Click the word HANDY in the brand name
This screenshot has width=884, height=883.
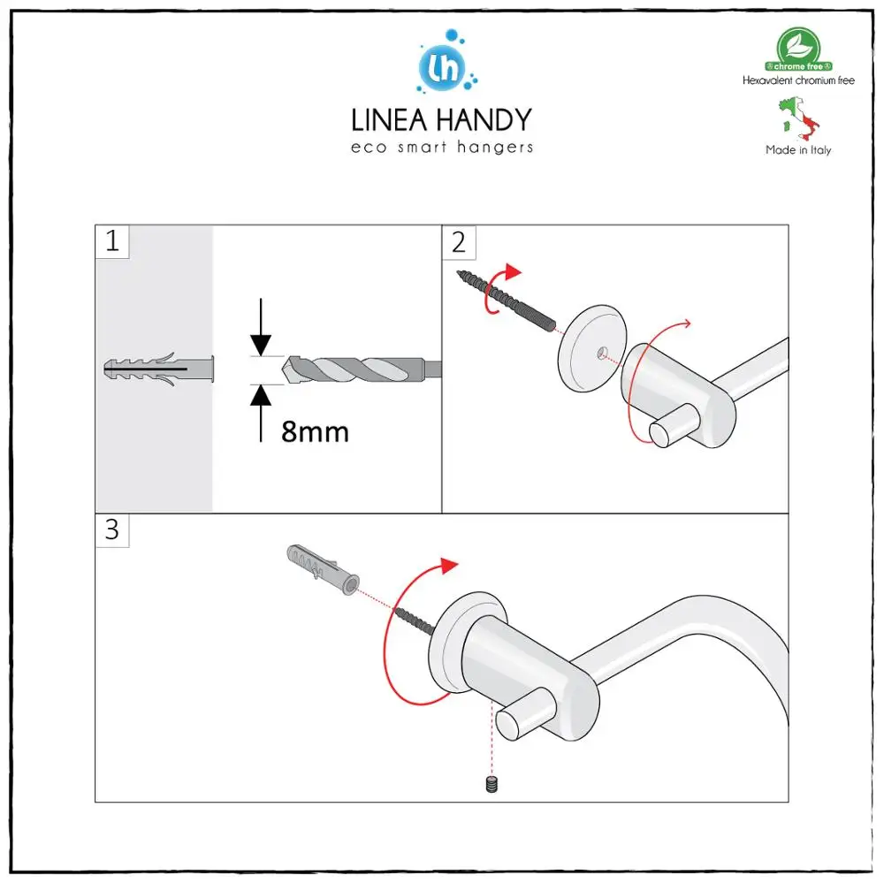[x=484, y=120]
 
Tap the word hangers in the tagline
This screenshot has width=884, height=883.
[x=495, y=148]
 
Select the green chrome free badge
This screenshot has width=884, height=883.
[x=798, y=49]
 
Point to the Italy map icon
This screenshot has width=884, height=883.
[x=799, y=118]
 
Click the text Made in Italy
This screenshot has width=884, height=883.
[x=798, y=150]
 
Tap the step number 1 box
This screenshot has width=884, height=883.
[x=112, y=241]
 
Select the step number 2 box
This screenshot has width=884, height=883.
[x=459, y=242]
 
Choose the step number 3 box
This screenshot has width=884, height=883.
[x=112, y=530]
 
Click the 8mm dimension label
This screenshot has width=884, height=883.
[x=316, y=432]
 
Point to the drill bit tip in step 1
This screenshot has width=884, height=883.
[x=284, y=369]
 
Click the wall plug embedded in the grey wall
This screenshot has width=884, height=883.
[x=159, y=369]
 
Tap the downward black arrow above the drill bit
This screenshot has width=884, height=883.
[x=261, y=327]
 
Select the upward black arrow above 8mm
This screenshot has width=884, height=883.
[x=261, y=414]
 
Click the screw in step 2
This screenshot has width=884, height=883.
[x=507, y=301]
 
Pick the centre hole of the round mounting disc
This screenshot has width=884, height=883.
[x=602, y=354]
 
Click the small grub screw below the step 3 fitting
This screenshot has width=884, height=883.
[x=492, y=784]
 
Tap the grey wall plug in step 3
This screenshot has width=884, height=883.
[x=323, y=569]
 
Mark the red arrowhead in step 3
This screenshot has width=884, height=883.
[x=449, y=566]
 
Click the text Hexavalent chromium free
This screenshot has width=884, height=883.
[x=798, y=80]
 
